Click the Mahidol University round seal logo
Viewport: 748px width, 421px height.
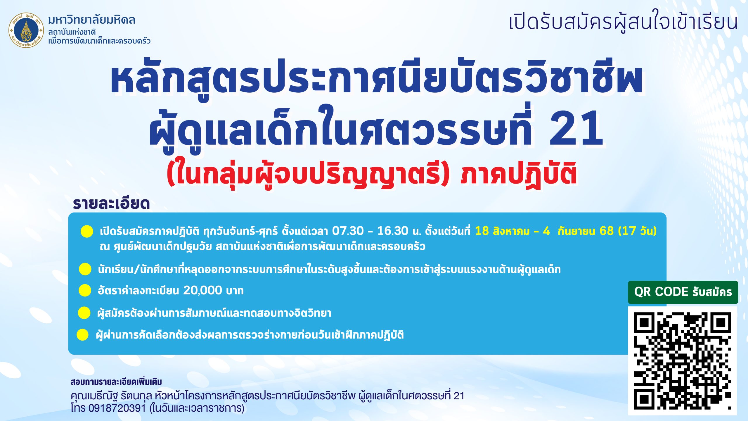click(26, 30)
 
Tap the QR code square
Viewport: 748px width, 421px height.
click(683, 361)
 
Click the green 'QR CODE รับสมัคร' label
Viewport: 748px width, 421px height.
click(683, 292)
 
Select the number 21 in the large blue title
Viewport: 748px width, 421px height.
click(576, 129)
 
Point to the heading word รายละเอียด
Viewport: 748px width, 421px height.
click(111, 203)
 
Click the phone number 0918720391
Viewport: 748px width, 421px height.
click(117, 408)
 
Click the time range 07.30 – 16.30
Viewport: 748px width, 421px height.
click(370, 231)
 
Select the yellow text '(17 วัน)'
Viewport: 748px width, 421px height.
click(637, 231)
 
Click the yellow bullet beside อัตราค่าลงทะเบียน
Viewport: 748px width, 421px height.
click(85, 290)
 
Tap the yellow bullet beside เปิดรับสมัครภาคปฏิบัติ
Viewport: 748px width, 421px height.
click(87, 231)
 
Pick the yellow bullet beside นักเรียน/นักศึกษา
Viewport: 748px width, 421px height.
click(85, 269)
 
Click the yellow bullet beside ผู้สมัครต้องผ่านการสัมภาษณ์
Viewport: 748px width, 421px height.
click(84, 313)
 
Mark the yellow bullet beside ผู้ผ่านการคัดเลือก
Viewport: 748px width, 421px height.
click(83, 335)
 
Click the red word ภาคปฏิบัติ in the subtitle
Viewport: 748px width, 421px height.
click(519, 174)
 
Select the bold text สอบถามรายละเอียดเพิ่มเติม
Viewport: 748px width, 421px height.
click(116, 382)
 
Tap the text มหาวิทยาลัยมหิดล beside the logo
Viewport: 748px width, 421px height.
click(92, 20)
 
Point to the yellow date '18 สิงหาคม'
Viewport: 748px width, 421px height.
click(502, 231)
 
